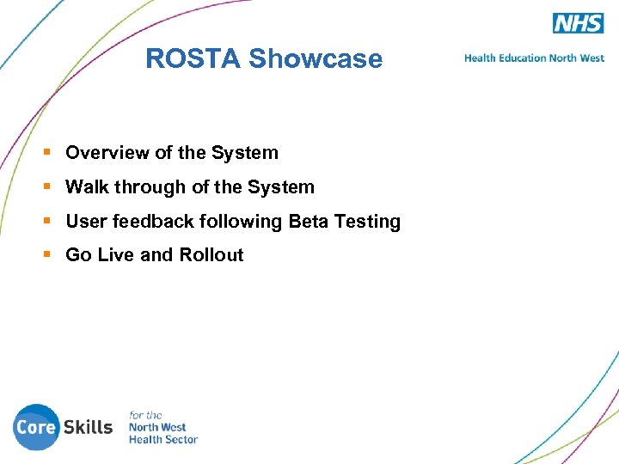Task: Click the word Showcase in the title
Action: pos(315,58)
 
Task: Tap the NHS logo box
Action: pos(578,23)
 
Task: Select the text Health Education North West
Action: pos(534,58)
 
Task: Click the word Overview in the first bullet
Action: pos(107,153)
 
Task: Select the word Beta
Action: pos(308,222)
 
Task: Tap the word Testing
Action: pos(367,222)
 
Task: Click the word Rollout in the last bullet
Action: pos(211,255)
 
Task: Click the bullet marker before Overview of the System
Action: pos(48,153)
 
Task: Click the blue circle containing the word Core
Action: pos(36,427)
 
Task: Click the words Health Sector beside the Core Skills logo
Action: pos(163,439)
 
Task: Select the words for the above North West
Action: pos(145,415)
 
